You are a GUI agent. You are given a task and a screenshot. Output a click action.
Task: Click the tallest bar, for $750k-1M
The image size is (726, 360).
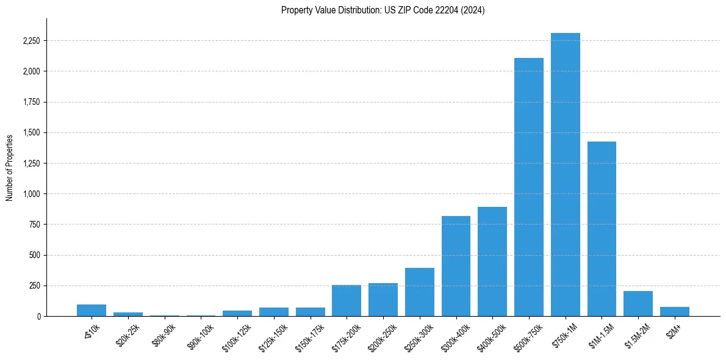565,177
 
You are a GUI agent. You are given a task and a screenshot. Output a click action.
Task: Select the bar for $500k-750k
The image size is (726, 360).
528,189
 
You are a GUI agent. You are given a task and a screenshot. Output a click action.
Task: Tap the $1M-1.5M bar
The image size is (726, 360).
602,229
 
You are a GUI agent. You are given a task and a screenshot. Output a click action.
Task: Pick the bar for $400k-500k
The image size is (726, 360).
492,262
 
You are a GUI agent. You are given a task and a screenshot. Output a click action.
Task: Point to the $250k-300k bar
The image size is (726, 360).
419,292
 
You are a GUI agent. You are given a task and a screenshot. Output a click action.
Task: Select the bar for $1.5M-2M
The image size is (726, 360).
638,304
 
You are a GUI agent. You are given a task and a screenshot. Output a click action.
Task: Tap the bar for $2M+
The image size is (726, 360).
674,311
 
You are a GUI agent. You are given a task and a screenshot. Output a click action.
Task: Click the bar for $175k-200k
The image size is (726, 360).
347,301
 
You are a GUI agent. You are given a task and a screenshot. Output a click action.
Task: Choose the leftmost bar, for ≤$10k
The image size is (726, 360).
92,310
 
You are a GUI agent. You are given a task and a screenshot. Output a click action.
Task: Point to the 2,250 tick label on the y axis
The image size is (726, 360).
31,41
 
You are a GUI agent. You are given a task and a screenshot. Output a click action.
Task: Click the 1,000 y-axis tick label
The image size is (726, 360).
31,194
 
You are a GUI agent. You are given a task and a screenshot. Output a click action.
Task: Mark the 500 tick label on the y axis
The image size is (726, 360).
34,255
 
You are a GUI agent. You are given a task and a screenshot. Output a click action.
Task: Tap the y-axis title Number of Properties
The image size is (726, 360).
10,168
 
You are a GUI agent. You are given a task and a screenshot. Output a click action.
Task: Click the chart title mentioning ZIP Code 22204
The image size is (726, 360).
383,10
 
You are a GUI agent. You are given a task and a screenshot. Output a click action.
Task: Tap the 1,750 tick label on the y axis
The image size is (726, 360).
31,102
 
